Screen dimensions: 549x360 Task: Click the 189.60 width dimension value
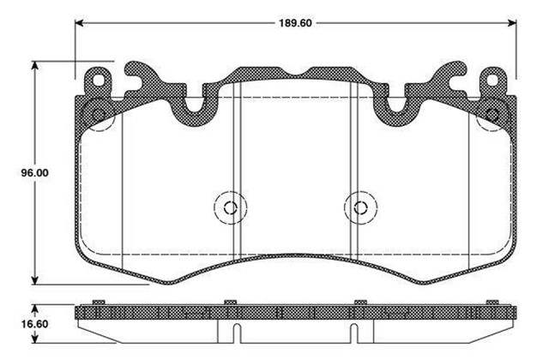pos(295,23)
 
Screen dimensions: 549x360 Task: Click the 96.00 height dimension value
pos(34,173)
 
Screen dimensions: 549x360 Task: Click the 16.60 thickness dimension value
pos(34,324)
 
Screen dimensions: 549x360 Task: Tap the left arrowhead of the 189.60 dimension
pos(79,23)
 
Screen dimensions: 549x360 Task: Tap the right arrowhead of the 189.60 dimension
pos(513,23)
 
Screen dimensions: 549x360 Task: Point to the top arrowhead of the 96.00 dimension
pos(34,65)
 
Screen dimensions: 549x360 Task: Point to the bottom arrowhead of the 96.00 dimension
pos(34,280)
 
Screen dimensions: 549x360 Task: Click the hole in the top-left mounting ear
pos(99,81)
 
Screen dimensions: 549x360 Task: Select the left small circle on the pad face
pos(231,207)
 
